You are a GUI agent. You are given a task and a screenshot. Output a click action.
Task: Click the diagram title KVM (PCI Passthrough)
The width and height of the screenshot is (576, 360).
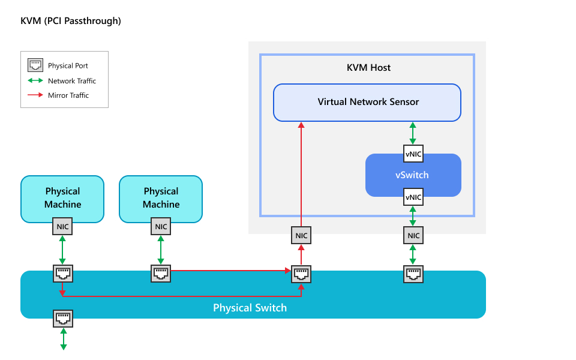coord(71,21)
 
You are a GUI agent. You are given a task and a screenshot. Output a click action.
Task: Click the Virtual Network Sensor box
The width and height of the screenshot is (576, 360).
coord(367,102)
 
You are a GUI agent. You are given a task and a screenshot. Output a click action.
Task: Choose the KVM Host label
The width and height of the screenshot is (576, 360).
coord(368,68)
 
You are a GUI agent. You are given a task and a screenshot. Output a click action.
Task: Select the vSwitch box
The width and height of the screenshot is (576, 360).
coord(412,175)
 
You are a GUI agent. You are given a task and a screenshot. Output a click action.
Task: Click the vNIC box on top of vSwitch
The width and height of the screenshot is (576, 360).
coord(413,154)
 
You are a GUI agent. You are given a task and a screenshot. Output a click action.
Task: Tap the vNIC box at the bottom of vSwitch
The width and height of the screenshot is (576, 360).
coord(413,197)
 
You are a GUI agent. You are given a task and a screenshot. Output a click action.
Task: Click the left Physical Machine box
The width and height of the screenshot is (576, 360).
coord(62,197)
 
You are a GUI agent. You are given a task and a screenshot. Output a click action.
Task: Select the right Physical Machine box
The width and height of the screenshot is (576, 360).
coord(161,197)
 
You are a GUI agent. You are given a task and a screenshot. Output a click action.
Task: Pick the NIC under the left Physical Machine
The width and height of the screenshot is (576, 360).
coord(62,227)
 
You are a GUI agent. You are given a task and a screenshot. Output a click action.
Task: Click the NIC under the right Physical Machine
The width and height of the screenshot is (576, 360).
coord(161,227)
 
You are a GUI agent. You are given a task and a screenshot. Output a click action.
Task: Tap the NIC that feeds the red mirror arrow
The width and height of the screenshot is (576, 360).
coord(301,236)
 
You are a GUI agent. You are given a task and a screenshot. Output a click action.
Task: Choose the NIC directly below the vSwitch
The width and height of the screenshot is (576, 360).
coord(413,236)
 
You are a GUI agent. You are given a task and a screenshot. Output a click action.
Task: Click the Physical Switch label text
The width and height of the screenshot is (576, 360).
coord(250,308)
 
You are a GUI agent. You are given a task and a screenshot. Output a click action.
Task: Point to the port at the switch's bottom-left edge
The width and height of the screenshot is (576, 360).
coord(63,318)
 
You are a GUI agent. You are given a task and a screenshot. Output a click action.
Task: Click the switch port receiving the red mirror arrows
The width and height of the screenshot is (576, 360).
coord(301,274)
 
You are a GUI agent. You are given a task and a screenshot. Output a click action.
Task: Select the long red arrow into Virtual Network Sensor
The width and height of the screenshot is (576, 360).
coord(301,174)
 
